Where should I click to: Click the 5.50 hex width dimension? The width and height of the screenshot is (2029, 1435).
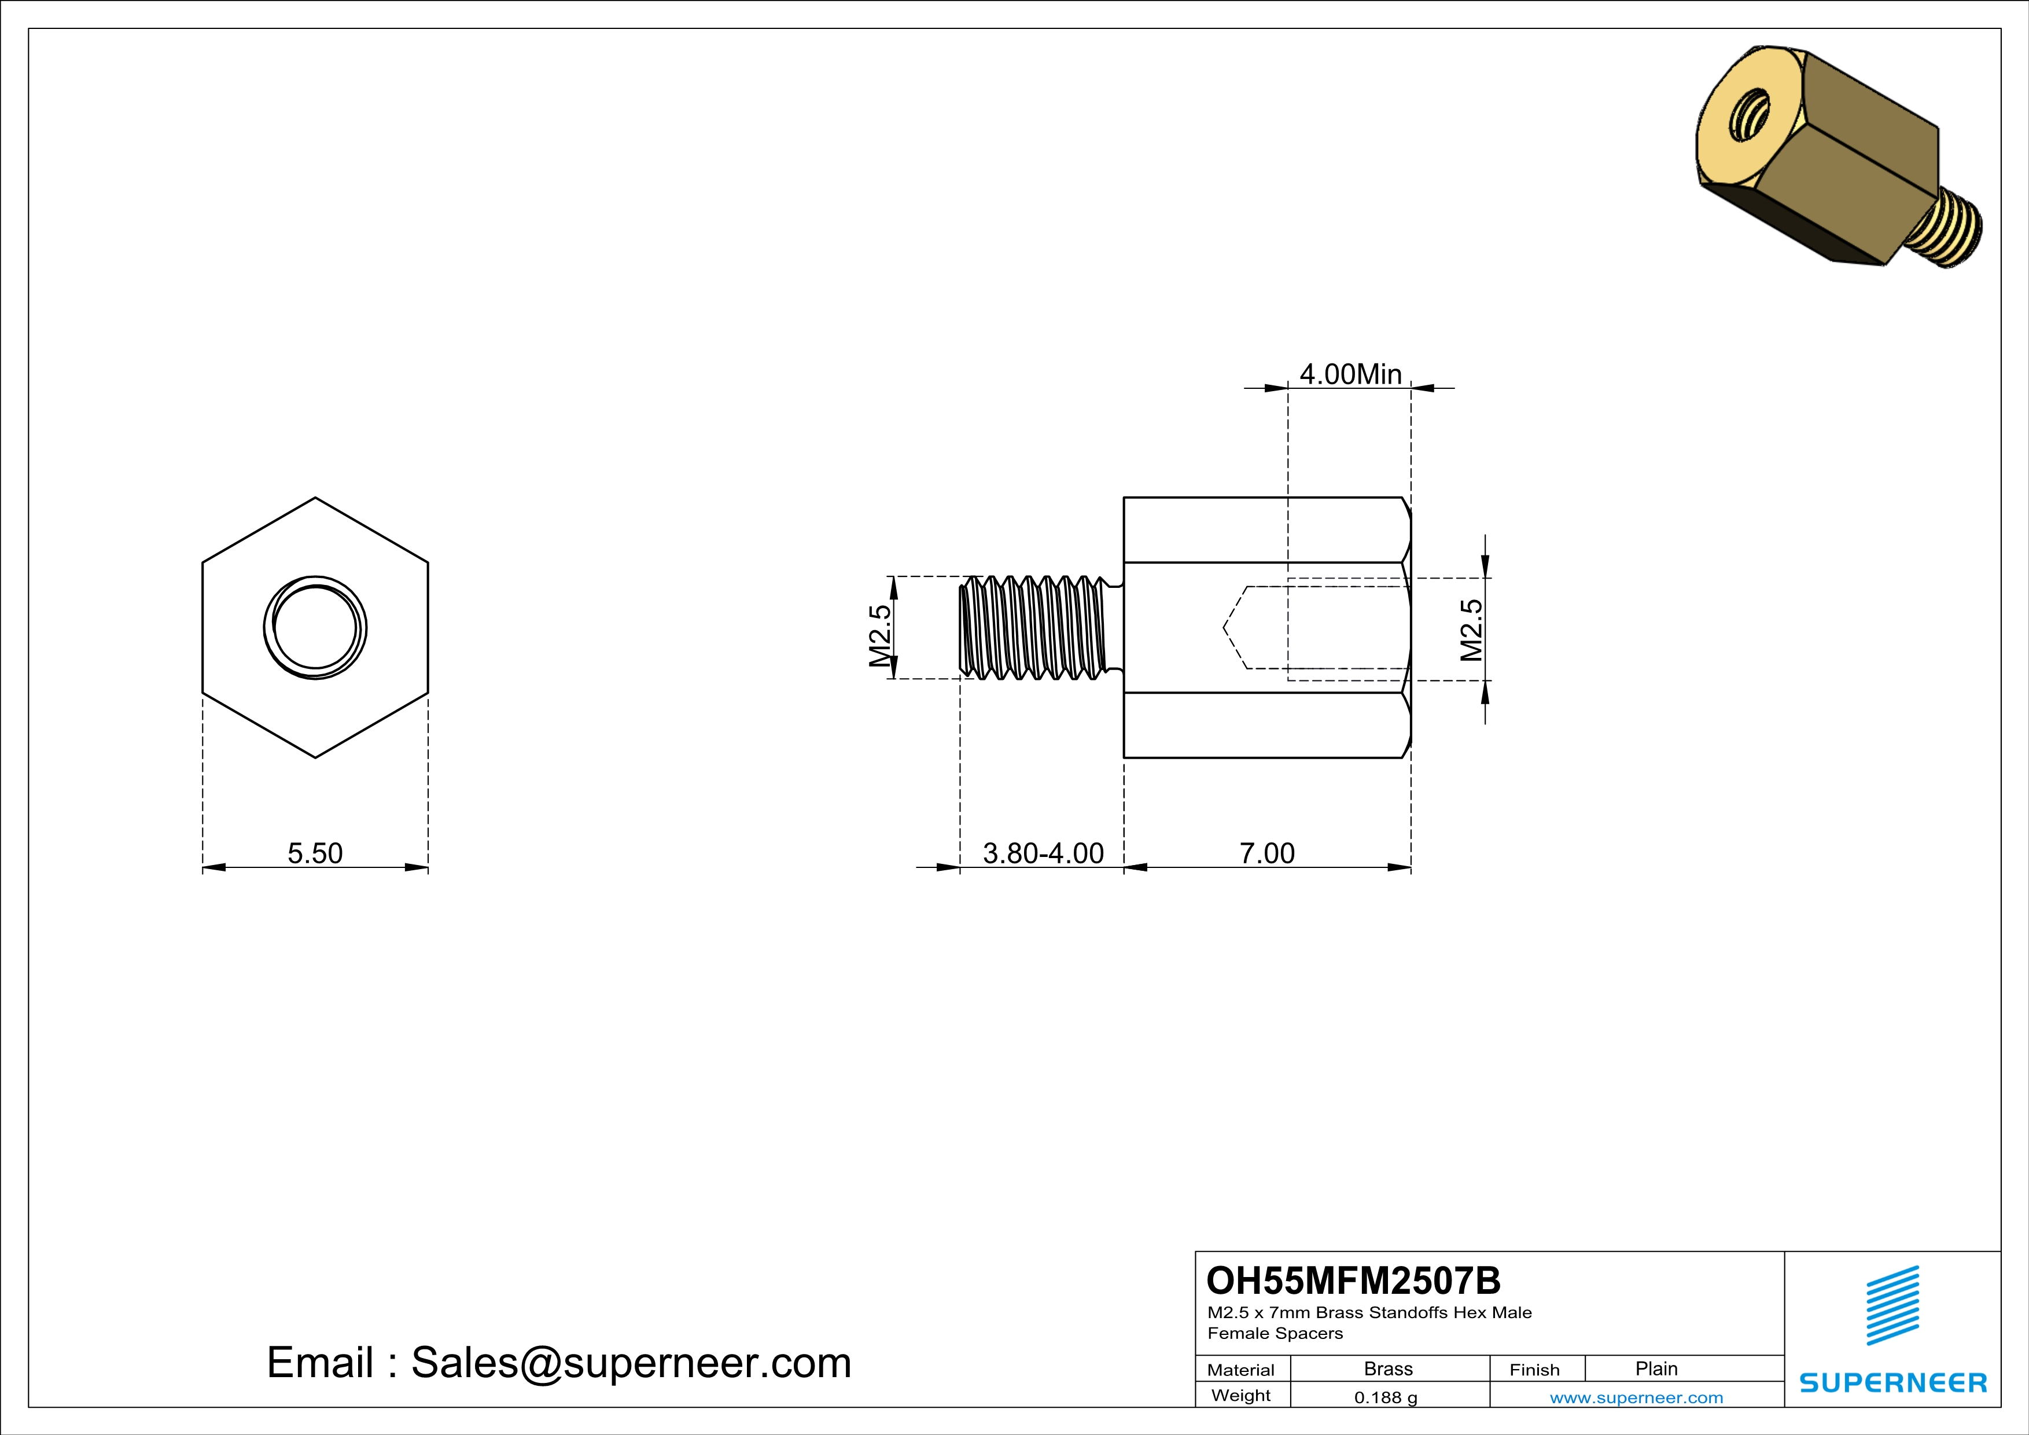[315, 853]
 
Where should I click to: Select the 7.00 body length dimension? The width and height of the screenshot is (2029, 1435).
[1266, 853]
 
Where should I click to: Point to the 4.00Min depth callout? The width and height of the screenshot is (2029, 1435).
[1350, 374]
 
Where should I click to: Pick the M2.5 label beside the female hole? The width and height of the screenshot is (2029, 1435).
[1471, 630]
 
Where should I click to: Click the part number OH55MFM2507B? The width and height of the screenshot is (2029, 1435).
[1353, 1281]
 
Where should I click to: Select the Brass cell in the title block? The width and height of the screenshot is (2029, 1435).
[1389, 1368]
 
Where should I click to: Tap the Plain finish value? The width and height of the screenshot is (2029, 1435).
[1656, 1368]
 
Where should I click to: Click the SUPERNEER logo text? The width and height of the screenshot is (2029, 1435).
[1893, 1383]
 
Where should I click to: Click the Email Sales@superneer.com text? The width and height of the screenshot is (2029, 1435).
[558, 1363]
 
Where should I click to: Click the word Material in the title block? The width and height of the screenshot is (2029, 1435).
[1241, 1370]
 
